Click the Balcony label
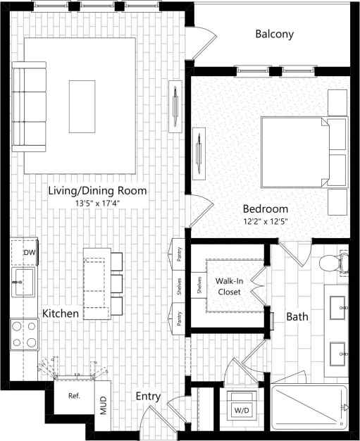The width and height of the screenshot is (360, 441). pos(274,34)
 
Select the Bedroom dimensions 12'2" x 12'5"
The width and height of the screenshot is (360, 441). pos(266,221)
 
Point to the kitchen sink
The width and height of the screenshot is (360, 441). pos(23,282)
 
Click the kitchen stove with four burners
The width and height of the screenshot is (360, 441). pos(24,334)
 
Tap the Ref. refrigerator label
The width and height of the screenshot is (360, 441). pos(74,395)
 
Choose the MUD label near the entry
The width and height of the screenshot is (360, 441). pos(103,406)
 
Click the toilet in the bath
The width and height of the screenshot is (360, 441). pos(333,264)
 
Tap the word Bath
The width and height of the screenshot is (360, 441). pos(297,317)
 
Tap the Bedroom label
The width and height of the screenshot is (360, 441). pos(266,209)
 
